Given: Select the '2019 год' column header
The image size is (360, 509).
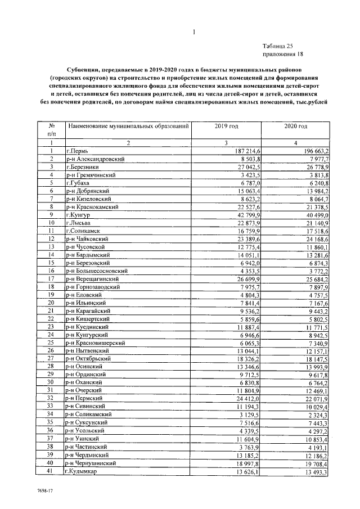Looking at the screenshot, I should click(x=227, y=127).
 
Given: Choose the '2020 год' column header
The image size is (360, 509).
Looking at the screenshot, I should click(x=295, y=127).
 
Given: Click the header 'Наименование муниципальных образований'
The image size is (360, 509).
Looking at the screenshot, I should click(x=128, y=127).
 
